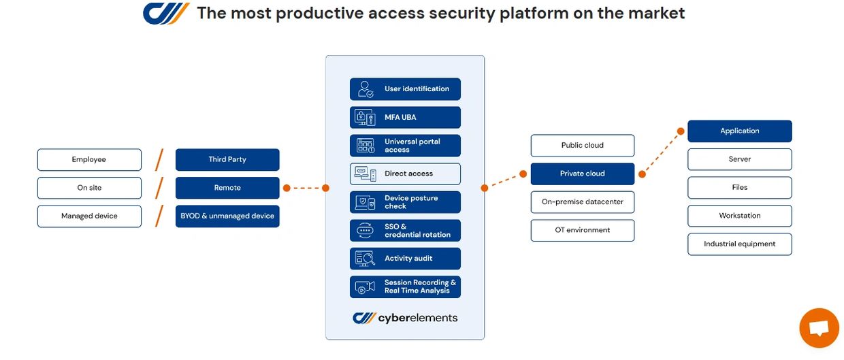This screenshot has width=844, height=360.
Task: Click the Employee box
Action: coord(89,160)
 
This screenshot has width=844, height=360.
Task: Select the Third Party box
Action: coord(227,160)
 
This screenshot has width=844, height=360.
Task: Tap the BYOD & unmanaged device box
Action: coord(227,216)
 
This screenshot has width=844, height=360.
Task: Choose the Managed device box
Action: coord(89,216)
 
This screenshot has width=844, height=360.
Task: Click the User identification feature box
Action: coord(405,89)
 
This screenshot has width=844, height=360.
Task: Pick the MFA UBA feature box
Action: coord(405,118)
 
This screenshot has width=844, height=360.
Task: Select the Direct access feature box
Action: coord(405,174)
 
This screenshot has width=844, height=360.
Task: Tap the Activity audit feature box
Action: coord(405,259)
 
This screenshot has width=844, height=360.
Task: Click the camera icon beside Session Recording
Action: coord(366,287)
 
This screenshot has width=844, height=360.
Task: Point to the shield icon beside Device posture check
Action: coord(366,202)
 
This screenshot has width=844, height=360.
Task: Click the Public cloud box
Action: coord(582,146)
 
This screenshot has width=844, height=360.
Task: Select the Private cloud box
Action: coord(582,174)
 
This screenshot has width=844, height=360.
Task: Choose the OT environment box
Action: coord(582,230)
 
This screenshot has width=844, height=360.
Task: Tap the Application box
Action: coord(740,131)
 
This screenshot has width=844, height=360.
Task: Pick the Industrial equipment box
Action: coord(740,244)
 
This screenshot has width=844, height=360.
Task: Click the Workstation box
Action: coord(740,216)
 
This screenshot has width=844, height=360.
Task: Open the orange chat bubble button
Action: coord(819,328)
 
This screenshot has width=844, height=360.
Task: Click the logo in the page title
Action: coord(166,13)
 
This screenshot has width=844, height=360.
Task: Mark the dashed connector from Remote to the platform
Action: coord(306,188)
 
